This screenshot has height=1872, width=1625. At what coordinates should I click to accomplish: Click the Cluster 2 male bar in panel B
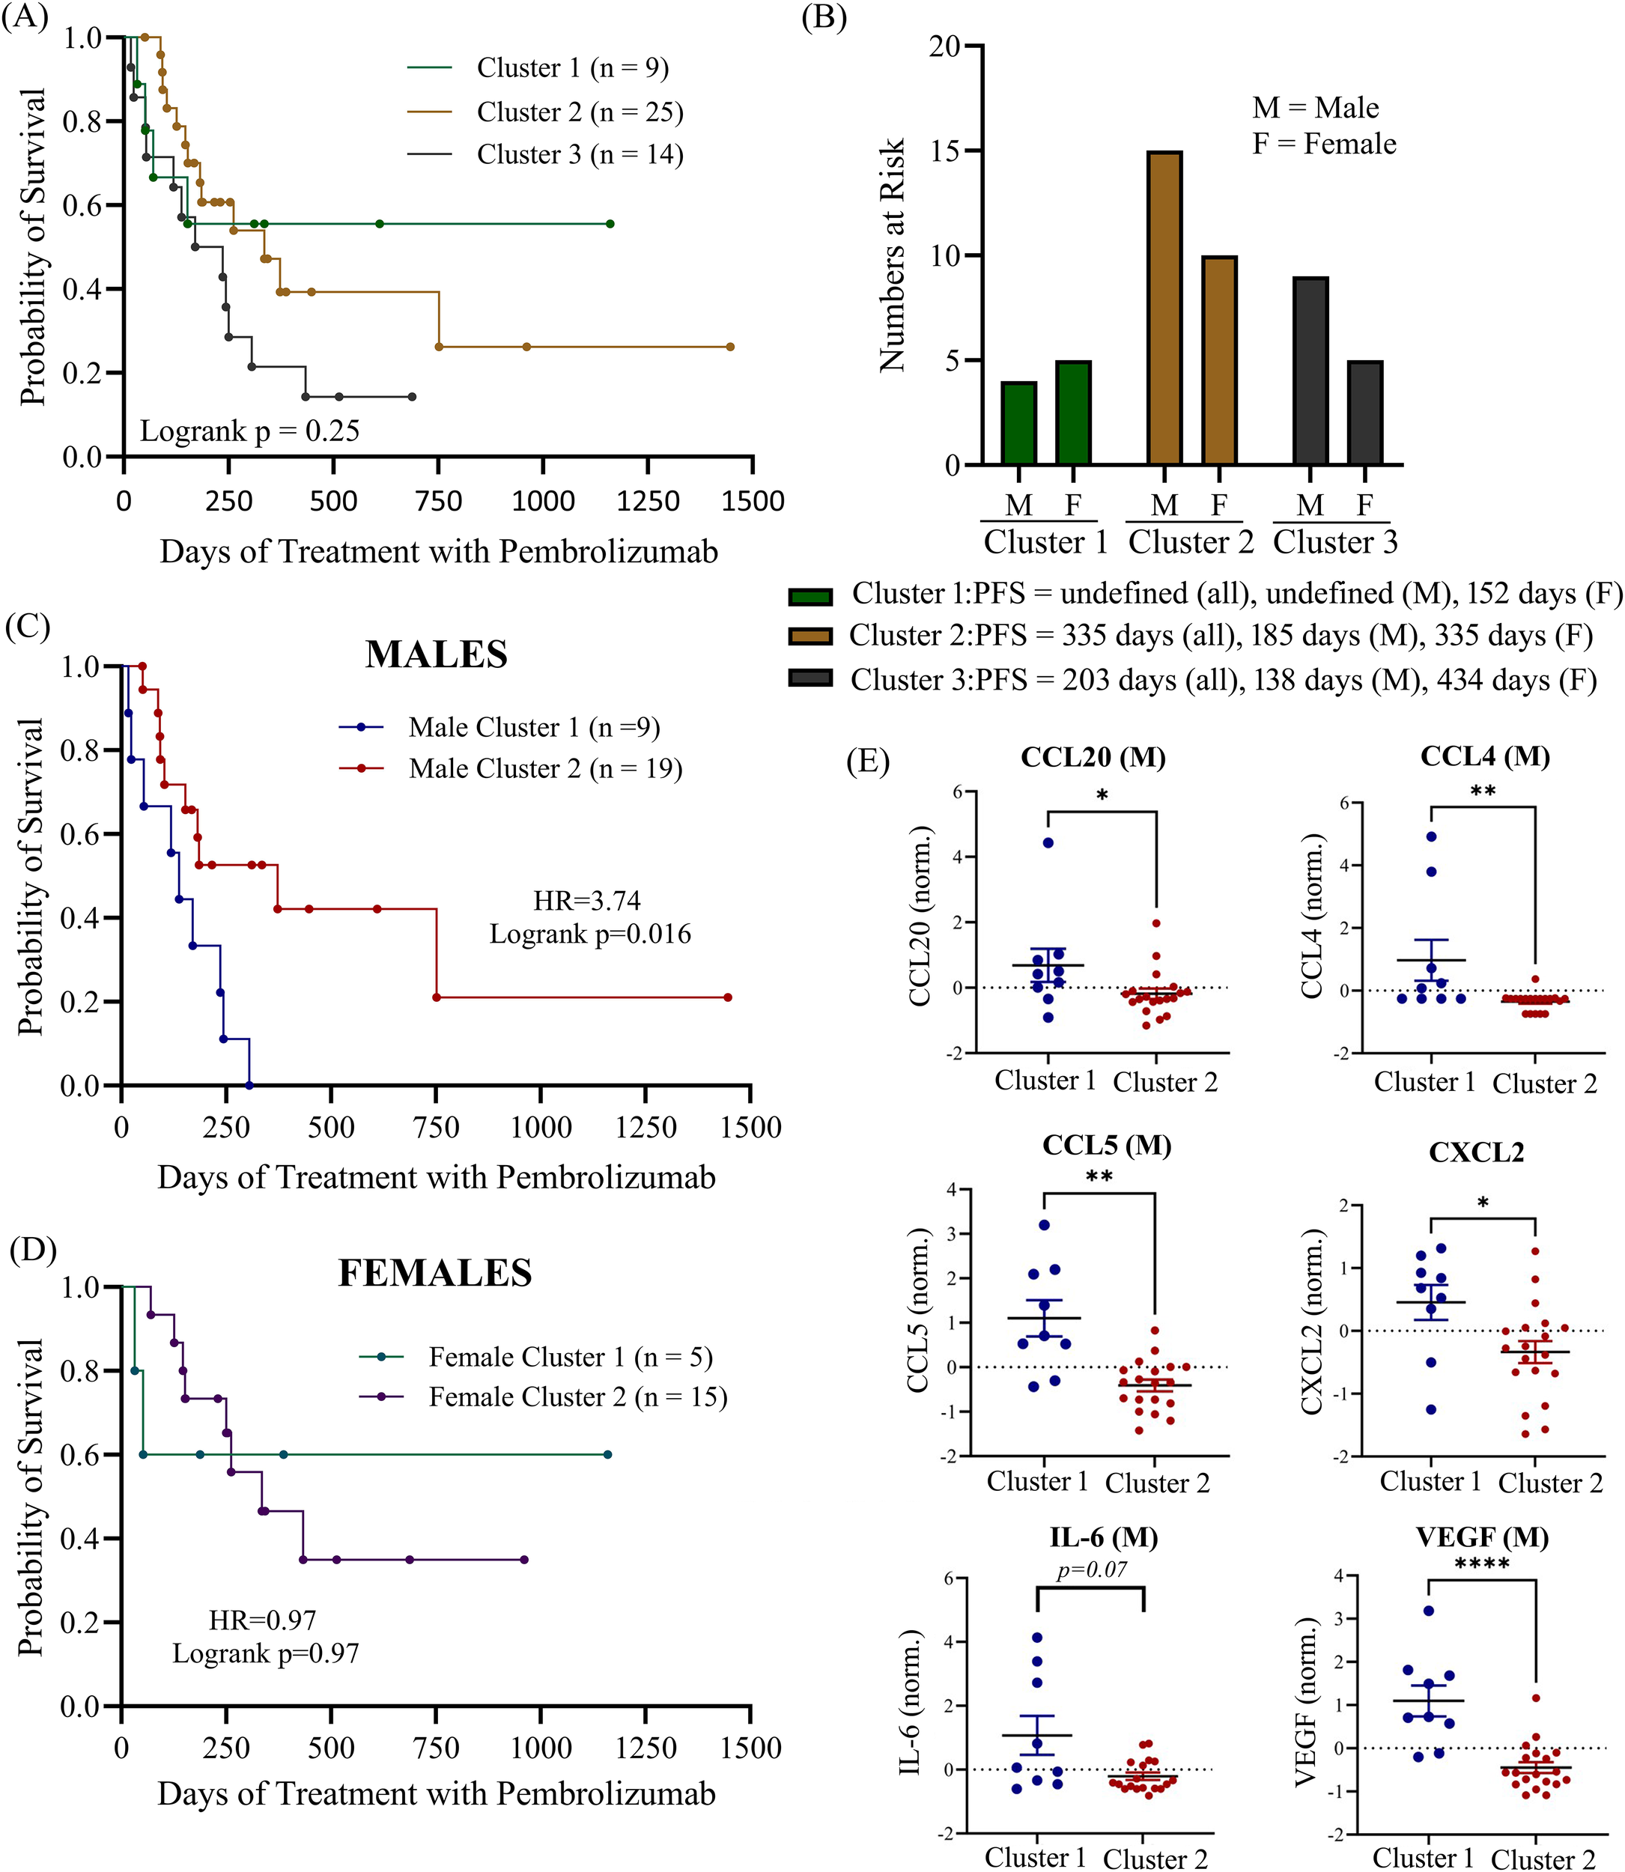pyautogui.click(x=1164, y=309)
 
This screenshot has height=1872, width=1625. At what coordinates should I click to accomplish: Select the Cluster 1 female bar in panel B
pyautogui.click(x=1074, y=413)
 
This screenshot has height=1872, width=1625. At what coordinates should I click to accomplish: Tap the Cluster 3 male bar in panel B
pyautogui.click(x=1310, y=371)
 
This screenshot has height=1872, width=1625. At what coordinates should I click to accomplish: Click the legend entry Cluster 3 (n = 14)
pyautogui.click(x=580, y=155)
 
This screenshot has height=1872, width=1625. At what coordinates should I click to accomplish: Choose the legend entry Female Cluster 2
pyautogui.click(x=577, y=1397)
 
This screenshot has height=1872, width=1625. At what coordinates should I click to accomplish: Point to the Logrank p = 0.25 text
pyautogui.click(x=249, y=431)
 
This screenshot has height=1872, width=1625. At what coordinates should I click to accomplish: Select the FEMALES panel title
pyautogui.click(x=435, y=1274)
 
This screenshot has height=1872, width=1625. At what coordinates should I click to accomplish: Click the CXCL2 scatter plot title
pyautogui.click(x=1476, y=1153)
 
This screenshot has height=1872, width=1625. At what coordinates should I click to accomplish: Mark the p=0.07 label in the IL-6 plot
pyautogui.click(x=1092, y=1569)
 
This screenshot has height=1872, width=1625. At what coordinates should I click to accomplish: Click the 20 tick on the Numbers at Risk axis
pyautogui.click(x=945, y=46)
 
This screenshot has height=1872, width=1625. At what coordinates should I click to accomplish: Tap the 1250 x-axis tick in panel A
pyautogui.click(x=648, y=501)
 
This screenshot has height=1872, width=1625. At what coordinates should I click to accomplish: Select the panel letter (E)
pyautogui.click(x=868, y=762)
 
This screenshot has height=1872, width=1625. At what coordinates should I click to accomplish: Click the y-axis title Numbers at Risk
pyautogui.click(x=893, y=255)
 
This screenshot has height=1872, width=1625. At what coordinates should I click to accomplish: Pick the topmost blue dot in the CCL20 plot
pyautogui.click(x=1048, y=843)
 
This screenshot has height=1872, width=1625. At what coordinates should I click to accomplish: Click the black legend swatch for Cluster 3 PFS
pyautogui.click(x=810, y=679)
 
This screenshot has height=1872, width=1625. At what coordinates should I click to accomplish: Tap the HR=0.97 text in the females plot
pyautogui.click(x=263, y=1620)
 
